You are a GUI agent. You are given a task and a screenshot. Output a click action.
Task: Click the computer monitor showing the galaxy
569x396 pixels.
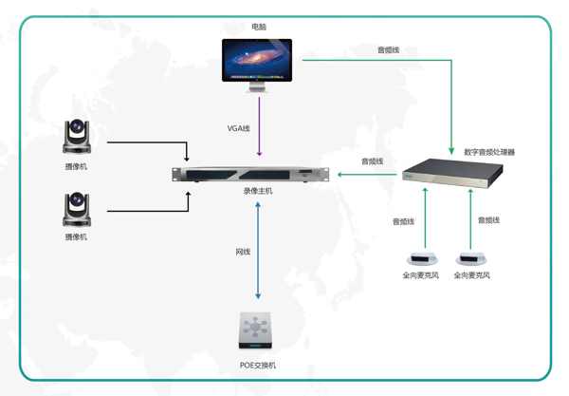pos(257,65)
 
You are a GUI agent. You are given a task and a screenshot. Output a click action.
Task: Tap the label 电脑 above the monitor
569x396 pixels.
pos(259,27)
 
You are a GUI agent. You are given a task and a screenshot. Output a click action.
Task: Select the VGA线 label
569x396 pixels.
pos(238,128)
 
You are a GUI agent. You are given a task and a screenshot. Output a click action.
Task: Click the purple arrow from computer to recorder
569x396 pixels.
pos(259,126)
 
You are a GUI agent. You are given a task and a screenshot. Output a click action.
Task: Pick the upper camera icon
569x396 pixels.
pos(77,136)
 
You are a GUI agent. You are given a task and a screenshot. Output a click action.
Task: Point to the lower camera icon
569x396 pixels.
pos(77,209)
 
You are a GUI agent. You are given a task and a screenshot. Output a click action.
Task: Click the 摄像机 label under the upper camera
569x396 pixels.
pos(76,167)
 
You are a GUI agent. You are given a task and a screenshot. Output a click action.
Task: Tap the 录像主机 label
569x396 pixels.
pos(258,191)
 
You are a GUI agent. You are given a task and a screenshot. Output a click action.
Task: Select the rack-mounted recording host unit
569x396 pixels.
pos(250,175)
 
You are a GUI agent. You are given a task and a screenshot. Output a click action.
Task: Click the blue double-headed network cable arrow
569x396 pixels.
pos(258,251)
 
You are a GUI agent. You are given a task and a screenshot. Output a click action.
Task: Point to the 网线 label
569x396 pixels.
pos(243,252)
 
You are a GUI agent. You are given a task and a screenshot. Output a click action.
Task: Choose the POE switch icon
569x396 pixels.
pos(255,330)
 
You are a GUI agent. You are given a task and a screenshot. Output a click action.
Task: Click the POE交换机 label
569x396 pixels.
pos(258,365)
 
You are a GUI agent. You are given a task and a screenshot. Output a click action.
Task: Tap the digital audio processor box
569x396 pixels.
pos(452,173)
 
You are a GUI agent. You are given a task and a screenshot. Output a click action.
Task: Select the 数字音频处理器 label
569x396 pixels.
pos(489,152)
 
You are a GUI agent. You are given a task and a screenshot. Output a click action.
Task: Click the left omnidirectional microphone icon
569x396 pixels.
pos(422,258)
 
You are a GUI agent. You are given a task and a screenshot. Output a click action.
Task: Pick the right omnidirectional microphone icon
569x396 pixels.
pos(470,258)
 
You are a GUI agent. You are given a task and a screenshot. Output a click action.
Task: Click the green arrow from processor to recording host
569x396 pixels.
pos(367,175)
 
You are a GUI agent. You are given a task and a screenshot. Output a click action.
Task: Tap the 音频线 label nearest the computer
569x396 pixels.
pos(388,49)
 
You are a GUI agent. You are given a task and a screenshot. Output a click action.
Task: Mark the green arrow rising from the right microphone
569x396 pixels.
pos(470,219)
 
